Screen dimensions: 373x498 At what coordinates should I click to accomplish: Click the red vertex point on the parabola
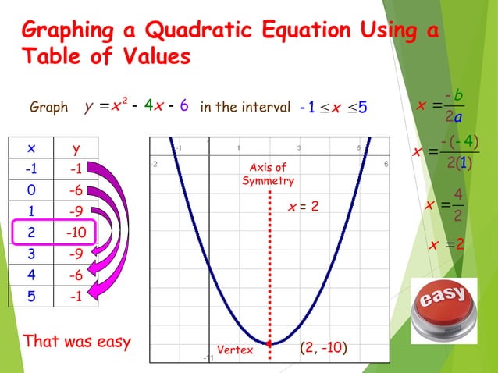tap(270, 343)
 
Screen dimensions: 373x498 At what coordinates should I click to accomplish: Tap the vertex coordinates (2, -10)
tap(324, 349)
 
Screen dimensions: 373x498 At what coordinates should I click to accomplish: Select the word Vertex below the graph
tap(235, 350)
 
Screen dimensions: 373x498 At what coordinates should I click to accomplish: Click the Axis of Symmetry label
tap(268, 174)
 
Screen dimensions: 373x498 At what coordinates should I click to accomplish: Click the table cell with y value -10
tap(75, 233)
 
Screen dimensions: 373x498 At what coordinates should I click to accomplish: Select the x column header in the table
tap(30, 149)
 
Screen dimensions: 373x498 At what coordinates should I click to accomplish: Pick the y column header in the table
tap(75, 149)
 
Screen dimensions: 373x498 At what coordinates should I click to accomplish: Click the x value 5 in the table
tap(30, 296)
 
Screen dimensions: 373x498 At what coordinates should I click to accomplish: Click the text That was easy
tap(77, 341)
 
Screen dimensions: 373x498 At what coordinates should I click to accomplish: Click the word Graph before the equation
tap(48, 107)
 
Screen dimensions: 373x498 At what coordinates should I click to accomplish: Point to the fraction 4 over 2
tap(457, 205)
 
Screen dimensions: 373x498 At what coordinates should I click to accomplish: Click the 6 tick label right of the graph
tap(386, 164)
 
